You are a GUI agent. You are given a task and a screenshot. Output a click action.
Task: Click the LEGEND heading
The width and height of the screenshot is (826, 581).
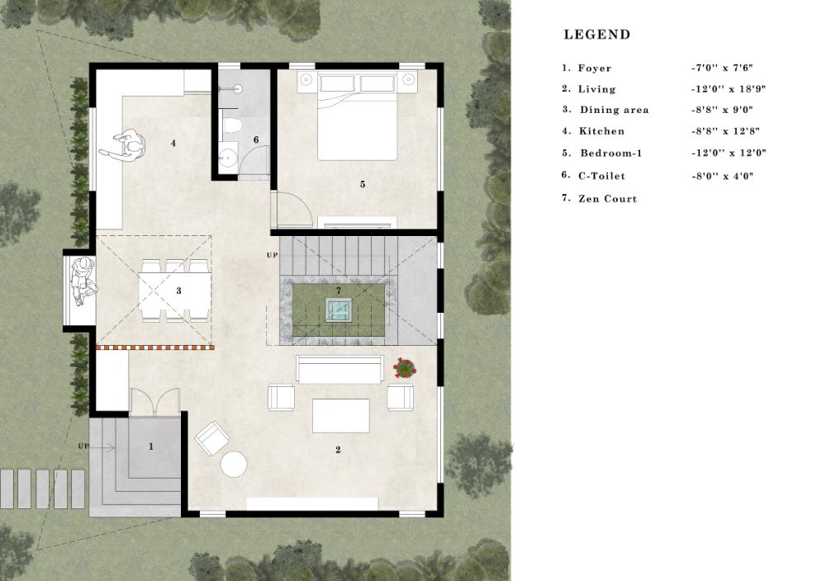click(597, 35)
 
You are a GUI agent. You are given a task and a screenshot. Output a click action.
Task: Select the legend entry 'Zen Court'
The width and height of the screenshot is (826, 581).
click(607, 199)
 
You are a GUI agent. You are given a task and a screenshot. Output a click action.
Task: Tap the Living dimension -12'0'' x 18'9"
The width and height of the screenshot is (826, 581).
click(728, 89)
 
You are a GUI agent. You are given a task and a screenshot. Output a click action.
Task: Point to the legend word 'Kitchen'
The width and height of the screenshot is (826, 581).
click(601, 131)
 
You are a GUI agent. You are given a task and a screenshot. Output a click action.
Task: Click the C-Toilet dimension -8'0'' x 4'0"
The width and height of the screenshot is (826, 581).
click(722, 177)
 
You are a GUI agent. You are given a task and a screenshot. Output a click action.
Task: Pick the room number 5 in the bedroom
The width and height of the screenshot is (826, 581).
click(363, 184)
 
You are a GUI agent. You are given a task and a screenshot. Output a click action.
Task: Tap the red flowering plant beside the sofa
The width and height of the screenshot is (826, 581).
click(405, 368)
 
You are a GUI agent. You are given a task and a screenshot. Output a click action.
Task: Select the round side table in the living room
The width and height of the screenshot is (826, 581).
click(234, 465)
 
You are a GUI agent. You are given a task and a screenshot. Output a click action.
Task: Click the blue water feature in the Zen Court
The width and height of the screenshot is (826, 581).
click(338, 309)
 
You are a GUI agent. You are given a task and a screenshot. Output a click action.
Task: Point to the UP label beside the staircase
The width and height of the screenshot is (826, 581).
click(272, 255)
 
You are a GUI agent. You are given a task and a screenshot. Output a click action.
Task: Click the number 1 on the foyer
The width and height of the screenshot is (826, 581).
click(151, 446)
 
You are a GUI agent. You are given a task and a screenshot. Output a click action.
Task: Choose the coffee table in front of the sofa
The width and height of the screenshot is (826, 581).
click(341, 415)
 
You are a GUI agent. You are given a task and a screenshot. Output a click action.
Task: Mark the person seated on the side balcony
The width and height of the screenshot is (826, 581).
click(83, 281)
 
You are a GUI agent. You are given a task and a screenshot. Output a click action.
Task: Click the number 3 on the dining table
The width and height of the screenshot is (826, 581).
click(179, 290)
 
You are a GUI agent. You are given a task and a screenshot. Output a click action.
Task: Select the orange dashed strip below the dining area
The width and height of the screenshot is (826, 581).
click(155, 347)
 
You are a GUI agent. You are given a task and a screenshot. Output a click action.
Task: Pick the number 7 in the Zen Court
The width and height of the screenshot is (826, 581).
click(339, 290)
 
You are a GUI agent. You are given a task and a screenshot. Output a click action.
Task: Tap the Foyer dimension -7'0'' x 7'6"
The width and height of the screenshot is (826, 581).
click(722, 68)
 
